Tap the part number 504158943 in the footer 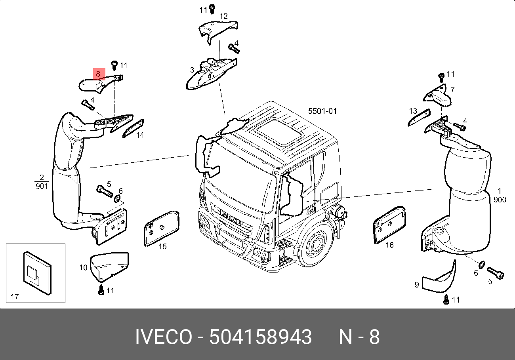(x=260, y=337)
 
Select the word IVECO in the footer (x=164, y=337)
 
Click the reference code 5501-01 (x=322, y=111)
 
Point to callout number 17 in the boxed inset (x=14, y=297)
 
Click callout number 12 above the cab (x=224, y=16)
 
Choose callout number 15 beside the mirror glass (x=162, y=246)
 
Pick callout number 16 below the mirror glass (x=390, y=245)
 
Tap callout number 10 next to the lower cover (x=83, y=268)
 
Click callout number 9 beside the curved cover (x=417, y=284)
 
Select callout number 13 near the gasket (x=413, y=111)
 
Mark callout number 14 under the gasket (x=140, y=135)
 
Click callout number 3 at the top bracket (x=192, y=70)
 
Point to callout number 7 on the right (x=452, y=89)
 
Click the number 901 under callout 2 (x=42, y=186)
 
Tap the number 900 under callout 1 (x=500, y=200)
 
